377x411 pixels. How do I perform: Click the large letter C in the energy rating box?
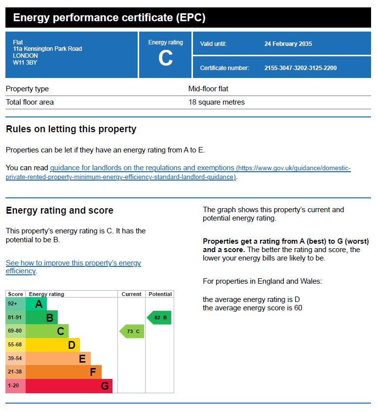165,59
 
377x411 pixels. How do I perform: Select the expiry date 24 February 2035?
288,44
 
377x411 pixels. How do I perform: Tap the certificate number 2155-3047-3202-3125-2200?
300,68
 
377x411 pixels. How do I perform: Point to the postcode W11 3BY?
24,63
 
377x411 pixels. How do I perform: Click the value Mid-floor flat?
208,89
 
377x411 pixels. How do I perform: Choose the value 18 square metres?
216,103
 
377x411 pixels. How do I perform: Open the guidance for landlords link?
142,168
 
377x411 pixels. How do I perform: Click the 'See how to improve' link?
73,263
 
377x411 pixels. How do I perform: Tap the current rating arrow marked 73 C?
132,332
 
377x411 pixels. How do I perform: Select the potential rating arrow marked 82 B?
159,318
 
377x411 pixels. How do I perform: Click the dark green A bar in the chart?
36,304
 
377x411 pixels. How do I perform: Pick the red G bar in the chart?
69,386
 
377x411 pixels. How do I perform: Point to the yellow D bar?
52,345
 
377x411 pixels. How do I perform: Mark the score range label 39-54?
15,359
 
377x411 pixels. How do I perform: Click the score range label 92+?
13,304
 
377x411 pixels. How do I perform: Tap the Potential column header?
160,294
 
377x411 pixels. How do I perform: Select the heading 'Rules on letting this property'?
71,129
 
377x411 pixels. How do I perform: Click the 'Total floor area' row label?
30,103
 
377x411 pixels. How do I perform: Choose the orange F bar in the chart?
63,372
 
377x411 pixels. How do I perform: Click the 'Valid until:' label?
213,44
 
